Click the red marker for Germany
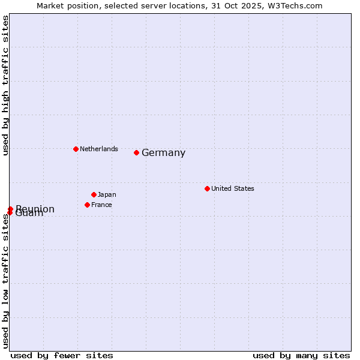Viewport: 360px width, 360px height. tap(136, 152)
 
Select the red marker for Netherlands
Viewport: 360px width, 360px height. tap(76, 149)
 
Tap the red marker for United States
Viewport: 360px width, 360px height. tap(207, 188)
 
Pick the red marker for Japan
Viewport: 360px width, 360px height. tap(94, 194)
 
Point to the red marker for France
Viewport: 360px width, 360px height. tap(87, 205)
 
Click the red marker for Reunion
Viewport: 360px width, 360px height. tap(10, 209)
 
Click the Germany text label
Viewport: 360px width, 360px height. tap(163, 153)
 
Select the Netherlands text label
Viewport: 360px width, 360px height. tap(98, 149)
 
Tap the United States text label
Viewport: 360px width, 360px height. tap(232, 188)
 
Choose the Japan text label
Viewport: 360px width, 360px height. tap(107, 194)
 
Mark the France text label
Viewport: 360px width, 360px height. tap(101, 205)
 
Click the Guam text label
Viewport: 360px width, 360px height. tap(30, 214)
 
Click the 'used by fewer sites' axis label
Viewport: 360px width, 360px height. tap(62, 355)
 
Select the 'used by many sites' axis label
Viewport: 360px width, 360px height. tap(301, 355)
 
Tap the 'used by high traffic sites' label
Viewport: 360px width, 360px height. tap(6, 85)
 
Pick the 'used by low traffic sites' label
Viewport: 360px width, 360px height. tap(6, 281)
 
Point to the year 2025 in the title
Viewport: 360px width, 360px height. tap(253, 5)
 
